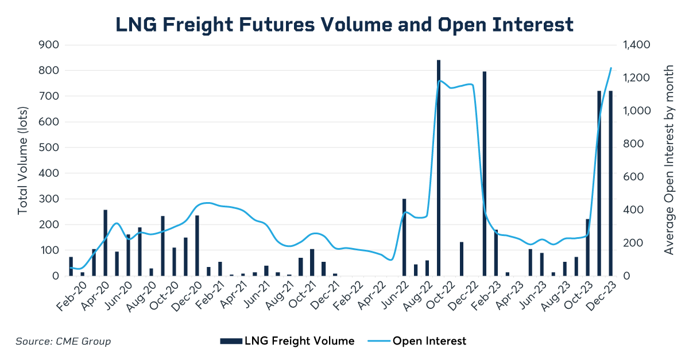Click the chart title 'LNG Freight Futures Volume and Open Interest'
(x=344, y=24)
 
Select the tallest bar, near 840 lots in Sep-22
(x=439, y=168)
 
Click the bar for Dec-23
(x=611, y=183)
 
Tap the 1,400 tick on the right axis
(x=634, y=45)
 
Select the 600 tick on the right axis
(x=630, y=177)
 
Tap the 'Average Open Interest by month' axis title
(x=669, y=160)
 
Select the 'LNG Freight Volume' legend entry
(x=287, y=341)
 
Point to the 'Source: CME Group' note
(x=63, y=342)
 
